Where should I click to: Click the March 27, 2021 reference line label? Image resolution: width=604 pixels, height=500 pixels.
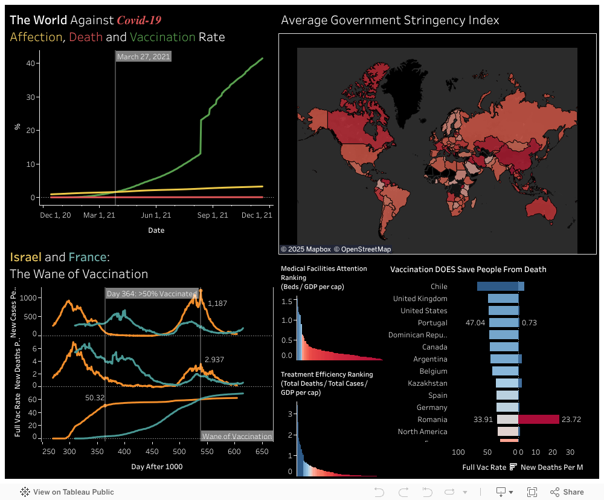click(x=144, y=57)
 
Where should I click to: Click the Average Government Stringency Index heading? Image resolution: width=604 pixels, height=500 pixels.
click(x=390, y=21)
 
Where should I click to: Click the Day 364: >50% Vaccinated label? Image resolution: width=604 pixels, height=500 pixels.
click(x=152, y=294)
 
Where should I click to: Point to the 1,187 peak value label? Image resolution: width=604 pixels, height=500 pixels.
click(x=217, y=304)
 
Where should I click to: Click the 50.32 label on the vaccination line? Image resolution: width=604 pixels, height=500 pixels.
click(x=95, y=398)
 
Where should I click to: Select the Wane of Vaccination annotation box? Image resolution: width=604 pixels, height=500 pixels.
click(x=237, y=437)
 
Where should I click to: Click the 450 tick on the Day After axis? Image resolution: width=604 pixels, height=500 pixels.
click(x=152, y=452)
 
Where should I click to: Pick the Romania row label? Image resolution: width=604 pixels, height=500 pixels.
click(x=432, y=420)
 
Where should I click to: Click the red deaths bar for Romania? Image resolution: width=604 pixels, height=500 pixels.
click(x=539, y=420)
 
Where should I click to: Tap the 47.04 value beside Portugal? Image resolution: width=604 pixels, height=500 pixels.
click(x=475, y=323)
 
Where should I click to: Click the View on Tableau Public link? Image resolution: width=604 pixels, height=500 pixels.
click(x=67, y=492)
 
